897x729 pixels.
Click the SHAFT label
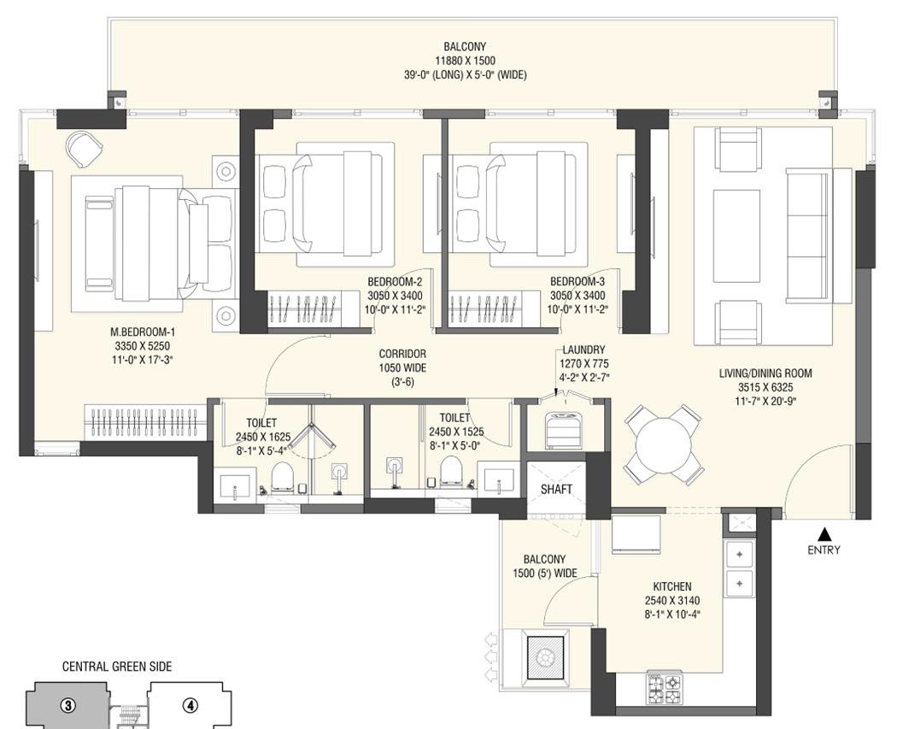[556, 489]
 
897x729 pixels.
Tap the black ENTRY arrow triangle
[824, 534]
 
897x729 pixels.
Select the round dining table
[663, 444]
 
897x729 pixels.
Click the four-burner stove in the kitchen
[664, 688]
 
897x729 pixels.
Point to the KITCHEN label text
[672, 586]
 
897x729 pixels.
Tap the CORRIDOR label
[402, 354]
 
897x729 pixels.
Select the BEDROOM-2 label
[395, 281]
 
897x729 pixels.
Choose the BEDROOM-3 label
[577, 281]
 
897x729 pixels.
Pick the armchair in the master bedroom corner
[85, 149]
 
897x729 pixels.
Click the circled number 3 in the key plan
[68, 706]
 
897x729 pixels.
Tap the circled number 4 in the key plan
[190, 706]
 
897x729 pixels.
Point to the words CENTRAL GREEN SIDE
[117, 667]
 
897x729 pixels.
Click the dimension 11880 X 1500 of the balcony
[465, 61]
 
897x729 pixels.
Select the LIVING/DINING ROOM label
[765, 373]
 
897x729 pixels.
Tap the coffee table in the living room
[736, 236]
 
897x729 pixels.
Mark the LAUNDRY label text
[583, 350]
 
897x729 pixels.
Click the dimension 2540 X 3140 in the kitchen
[672, 601]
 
